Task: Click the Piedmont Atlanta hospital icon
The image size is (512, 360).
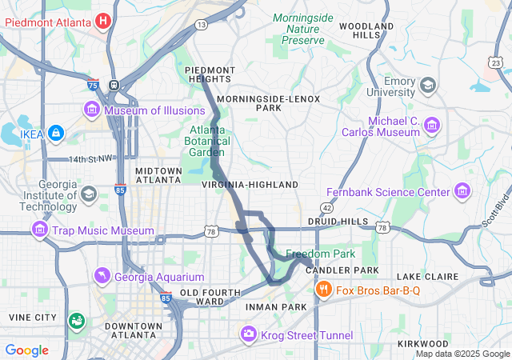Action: coord(103,20)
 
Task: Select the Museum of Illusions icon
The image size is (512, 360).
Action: coord(91,110)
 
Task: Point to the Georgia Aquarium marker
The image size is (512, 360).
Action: coord(102,278)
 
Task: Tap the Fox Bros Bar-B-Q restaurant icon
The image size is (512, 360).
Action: coord(324,290)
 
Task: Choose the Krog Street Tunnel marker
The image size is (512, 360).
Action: coord(249,333)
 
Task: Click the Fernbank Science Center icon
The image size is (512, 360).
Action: coord(462,192)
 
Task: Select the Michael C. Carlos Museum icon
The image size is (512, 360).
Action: coord(433,125)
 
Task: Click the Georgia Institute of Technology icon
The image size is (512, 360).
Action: coord(88,193)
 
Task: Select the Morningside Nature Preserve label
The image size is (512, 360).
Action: coord(302,28)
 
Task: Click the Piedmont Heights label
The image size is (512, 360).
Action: coord(210,74)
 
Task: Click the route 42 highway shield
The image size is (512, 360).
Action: coord(327,207)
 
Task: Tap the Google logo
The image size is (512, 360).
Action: coord(27,350)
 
